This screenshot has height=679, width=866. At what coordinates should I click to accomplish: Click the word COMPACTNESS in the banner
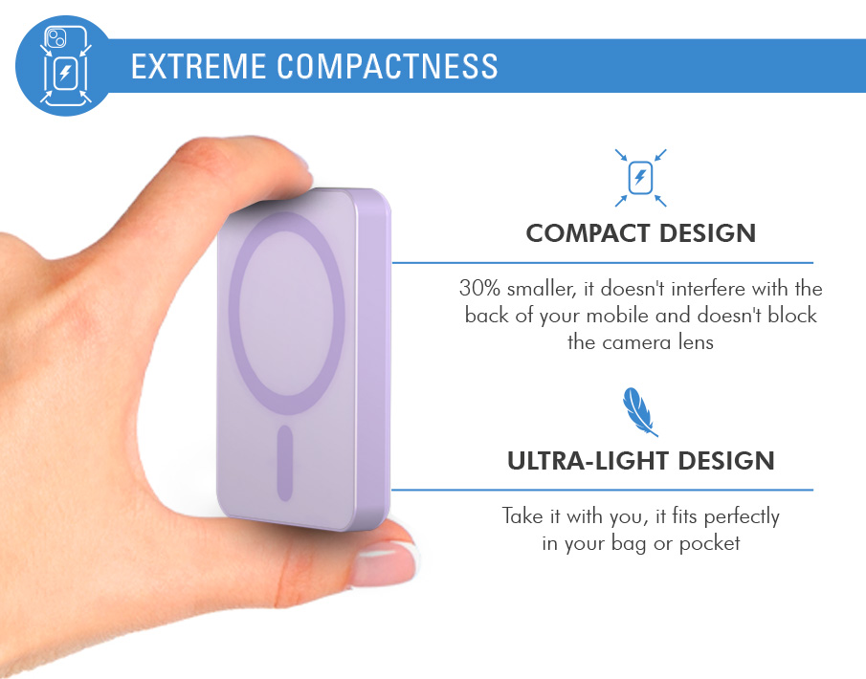pyautogui.click(x=388, y=66)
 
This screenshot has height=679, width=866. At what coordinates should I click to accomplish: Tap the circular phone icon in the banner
pyautogui.click(x=65, y=66)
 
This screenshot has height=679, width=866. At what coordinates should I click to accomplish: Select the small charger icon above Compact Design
pyautogui.click(x=641, y=178)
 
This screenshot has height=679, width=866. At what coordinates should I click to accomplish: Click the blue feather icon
pyautogui.click(x=639, y=411)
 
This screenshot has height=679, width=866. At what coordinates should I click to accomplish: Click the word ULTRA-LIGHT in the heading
pyautogui.click(x=588, y=461)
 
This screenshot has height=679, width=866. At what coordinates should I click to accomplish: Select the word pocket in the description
pyautogui.click(x=709, y=544)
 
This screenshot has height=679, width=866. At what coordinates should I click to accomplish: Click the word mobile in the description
pyautogui.click(x=617, y=316)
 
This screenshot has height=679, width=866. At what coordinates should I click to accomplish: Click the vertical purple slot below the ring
pyautogui.click(x=284, y=463)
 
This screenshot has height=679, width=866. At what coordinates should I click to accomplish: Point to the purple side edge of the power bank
pyautogui.click(x=373, y=359)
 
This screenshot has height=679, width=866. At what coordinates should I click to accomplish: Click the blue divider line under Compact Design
pyautogui.click(x=603, y=263)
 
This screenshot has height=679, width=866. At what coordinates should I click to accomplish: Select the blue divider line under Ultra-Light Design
pyautogui.click(x=603, y=490)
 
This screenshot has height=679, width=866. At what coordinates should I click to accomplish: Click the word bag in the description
pyautogui.click(x=629, y=544)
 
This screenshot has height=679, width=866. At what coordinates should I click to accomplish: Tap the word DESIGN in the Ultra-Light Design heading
pyautogui.click(x=726, y=461)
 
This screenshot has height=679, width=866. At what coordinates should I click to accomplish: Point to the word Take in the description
pyautogui.click(x=522, y=516)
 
